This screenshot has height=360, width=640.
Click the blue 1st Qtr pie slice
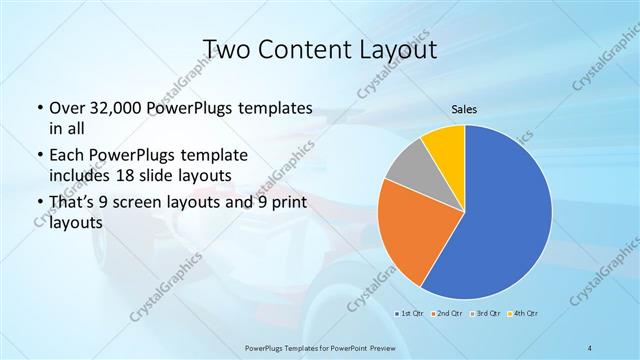tap(505, 220)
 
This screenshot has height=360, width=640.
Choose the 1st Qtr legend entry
tap(411, 314)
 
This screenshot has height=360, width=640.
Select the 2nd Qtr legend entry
tap(446, 314)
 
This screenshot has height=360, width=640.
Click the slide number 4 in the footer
tap(590, 347)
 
